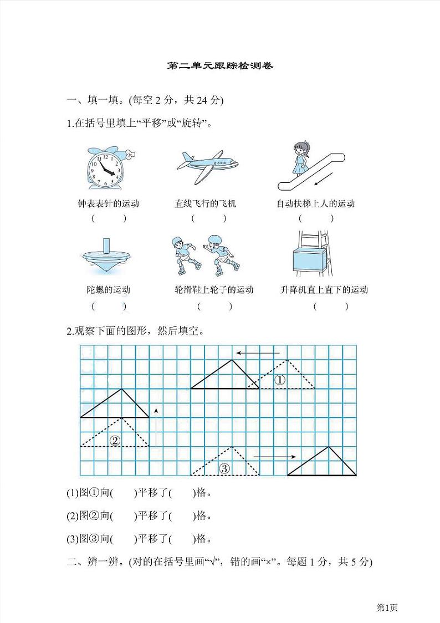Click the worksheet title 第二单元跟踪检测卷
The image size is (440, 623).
(220, 66)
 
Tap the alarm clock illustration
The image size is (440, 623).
(106, 168)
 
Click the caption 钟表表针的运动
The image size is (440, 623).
(108, 203)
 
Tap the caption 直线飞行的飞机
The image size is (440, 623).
(206, 203)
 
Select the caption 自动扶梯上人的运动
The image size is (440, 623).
(315, 203)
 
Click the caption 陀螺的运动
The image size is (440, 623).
(108, 289)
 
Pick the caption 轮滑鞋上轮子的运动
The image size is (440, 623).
(213, 289)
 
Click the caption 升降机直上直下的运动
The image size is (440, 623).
(324, 289)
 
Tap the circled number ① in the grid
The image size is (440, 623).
(280, 380)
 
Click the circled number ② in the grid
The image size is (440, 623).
(115, 441)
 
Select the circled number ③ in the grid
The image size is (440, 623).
(224, 468)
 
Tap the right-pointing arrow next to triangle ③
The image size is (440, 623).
(275, 457)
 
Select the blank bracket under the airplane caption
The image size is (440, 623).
(209, 218)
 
